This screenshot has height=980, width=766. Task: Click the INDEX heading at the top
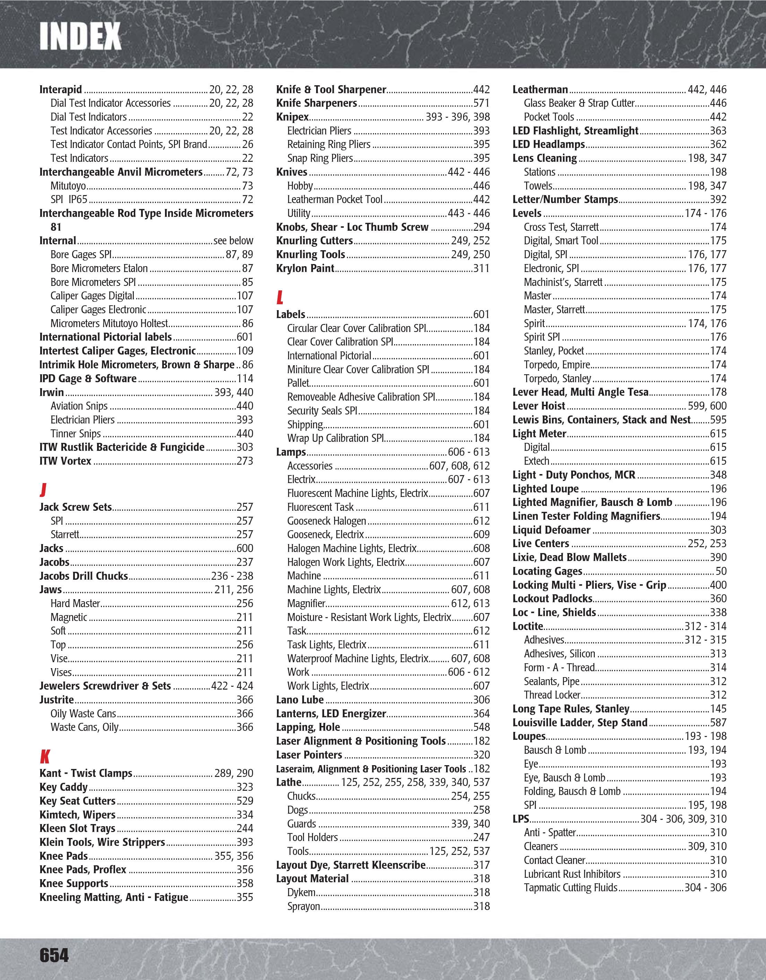pos(80,36)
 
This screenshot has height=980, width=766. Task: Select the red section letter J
pos(43,489)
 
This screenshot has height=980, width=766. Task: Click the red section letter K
pos(45,756)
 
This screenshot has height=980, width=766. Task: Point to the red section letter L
pos(280,297)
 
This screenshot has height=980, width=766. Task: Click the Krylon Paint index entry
pos(305,268)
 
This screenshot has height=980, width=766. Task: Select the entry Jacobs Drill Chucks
pos(84,576)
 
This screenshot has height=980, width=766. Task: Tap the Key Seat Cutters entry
pos(77,800)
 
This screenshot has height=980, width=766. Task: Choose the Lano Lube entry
pos(300,700)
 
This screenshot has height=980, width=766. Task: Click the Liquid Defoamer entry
pos(551,530)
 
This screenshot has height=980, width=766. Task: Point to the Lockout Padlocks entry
pos(552,598)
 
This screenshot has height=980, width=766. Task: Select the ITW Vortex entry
pos(65,461)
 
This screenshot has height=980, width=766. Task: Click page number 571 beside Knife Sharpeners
pos(481,103)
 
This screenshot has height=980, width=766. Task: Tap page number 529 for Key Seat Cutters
pos(245,800)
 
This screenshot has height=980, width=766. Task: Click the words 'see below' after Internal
pos(233,241)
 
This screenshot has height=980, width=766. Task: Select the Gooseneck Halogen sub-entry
pos(327,521)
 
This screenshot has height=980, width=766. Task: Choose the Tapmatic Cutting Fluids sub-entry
pos(571,887)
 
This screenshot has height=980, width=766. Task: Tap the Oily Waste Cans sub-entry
pos(83,714)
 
